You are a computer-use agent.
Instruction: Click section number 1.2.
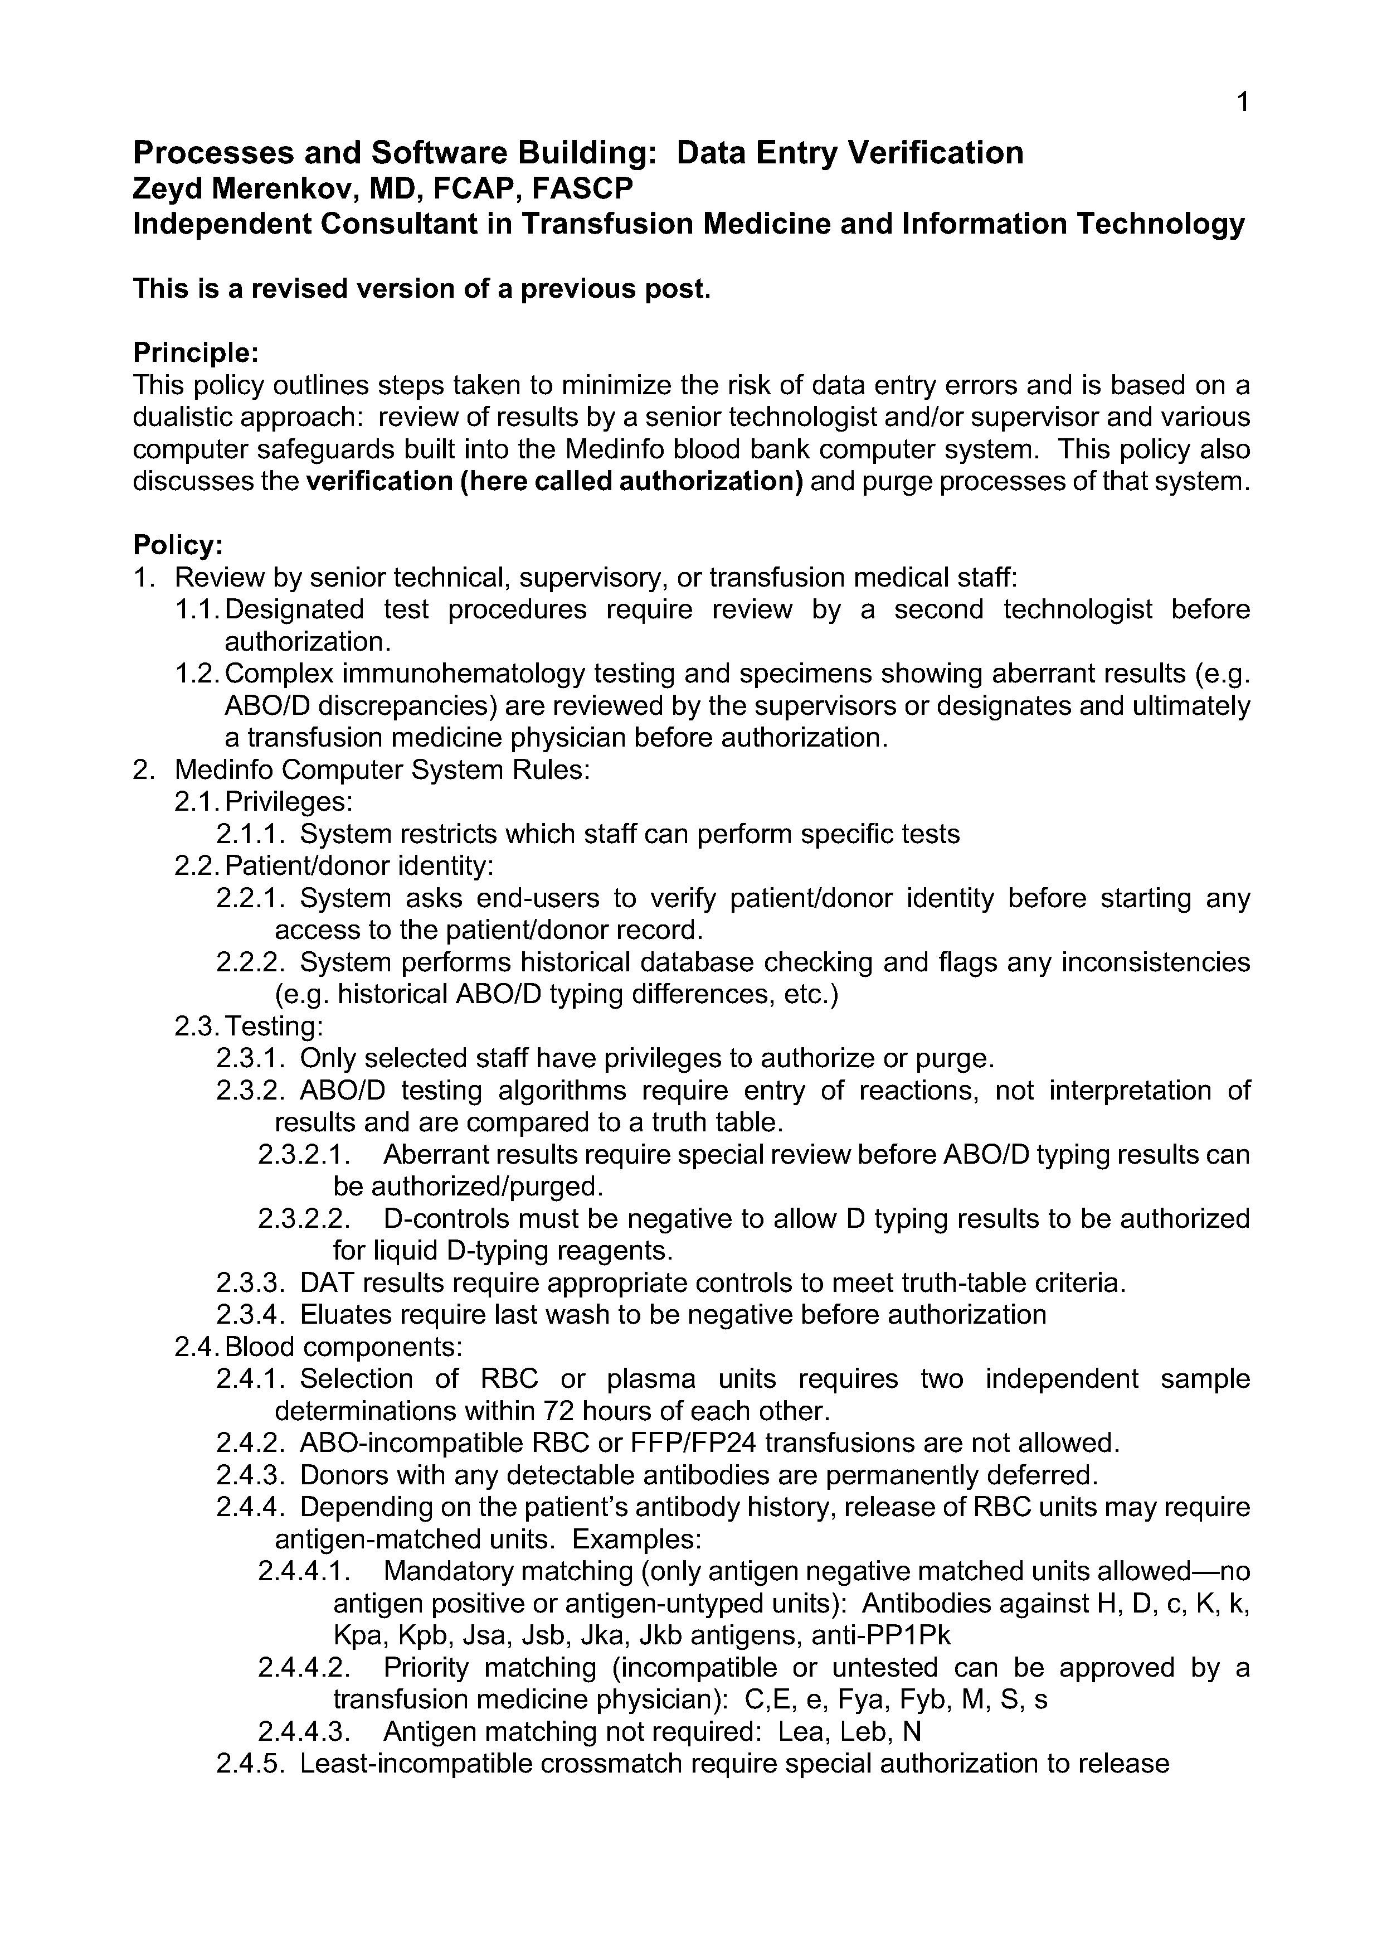point(198,674)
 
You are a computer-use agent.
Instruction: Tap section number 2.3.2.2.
point(303,1218)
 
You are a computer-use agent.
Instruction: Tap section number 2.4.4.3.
point(303,1731)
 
